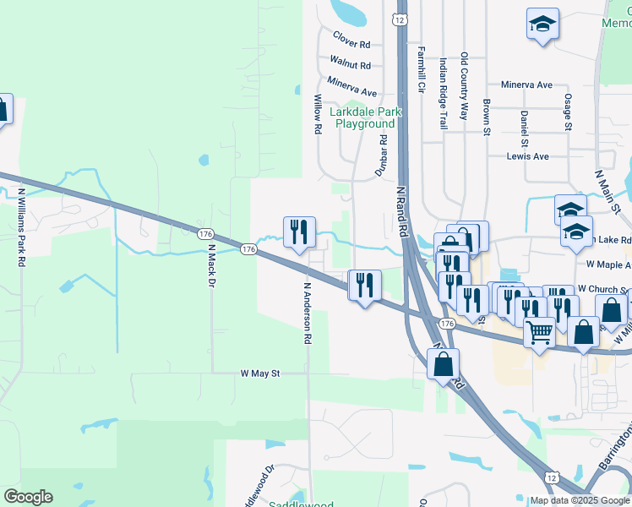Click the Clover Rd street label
coord(351,40)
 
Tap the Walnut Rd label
coord(350,63)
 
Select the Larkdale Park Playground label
coord(365,117)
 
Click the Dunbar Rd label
coord(381,155)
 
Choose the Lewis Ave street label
coord(527,156)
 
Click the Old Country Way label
coord(464,86)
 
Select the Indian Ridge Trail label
coord(443,93)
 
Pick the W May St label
coord(259,373)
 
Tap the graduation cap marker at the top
coord(543,25)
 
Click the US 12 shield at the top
coord(401,19)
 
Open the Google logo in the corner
coord(28,497)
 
